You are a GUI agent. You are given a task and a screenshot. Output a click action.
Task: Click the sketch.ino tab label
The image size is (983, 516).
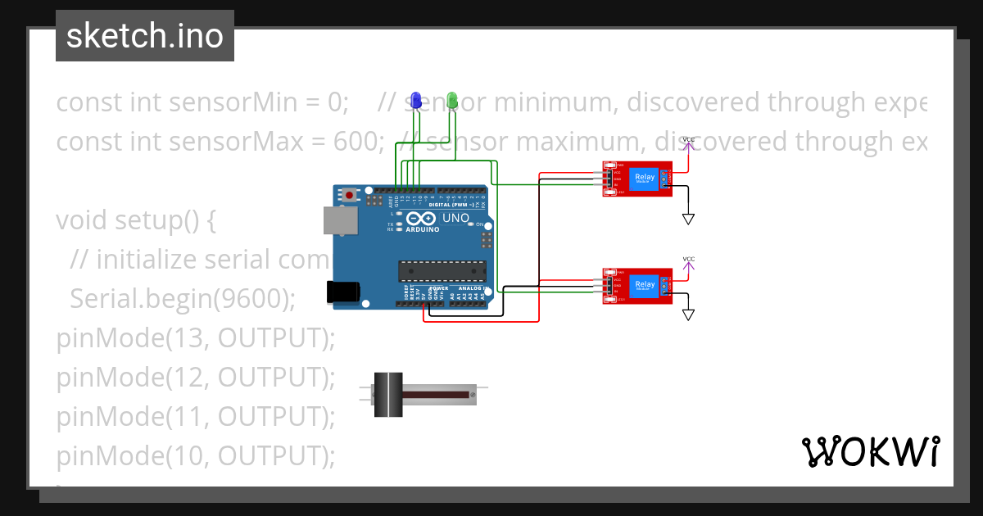click(x=144, y=36)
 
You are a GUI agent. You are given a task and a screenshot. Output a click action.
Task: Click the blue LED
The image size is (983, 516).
click(x=416, y=100)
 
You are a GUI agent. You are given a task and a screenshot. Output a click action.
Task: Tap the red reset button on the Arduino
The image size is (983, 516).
click(x=351, y=196)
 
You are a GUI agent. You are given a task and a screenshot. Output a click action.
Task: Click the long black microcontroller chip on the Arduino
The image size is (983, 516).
click(x=442, y=269)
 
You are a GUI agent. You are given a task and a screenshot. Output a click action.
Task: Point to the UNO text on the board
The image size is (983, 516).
click(x=455, y=219)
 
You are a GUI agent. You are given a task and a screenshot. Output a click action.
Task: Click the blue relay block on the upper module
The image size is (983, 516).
click(x=645, y=179)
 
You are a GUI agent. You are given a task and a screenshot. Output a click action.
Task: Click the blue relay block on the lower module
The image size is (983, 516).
click(x=645, y=286)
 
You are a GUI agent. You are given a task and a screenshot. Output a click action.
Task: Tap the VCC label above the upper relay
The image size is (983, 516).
click(x=689, y=140)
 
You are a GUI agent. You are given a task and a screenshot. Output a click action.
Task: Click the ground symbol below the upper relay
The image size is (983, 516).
click(x=689, y=219)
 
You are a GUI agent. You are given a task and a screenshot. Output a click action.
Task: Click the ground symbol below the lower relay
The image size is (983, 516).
click(x=689, y=315)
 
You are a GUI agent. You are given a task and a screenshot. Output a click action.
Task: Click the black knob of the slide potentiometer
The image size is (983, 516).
click(x=388, y=394)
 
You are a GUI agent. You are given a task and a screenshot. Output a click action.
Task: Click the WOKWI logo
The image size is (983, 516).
click(x=870, y=451)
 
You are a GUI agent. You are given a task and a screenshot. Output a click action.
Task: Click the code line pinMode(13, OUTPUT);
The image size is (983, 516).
click(x=196, y=338)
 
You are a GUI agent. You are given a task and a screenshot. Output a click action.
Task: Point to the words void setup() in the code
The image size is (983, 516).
click(x=135, y=220)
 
